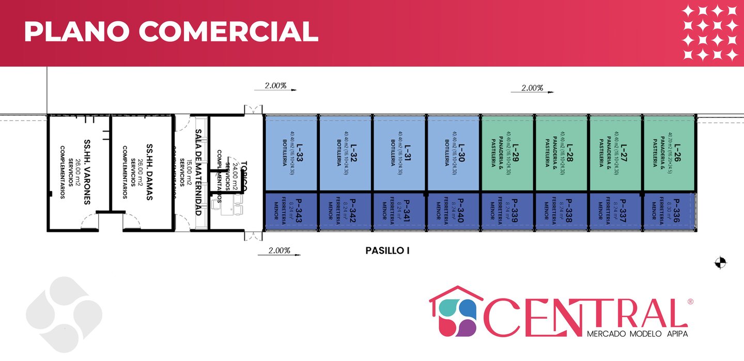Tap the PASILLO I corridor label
tap(388, 251)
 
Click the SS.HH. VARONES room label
tap(87, 170)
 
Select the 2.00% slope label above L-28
tap(532, 88)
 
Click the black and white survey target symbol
tap(720, 263)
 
